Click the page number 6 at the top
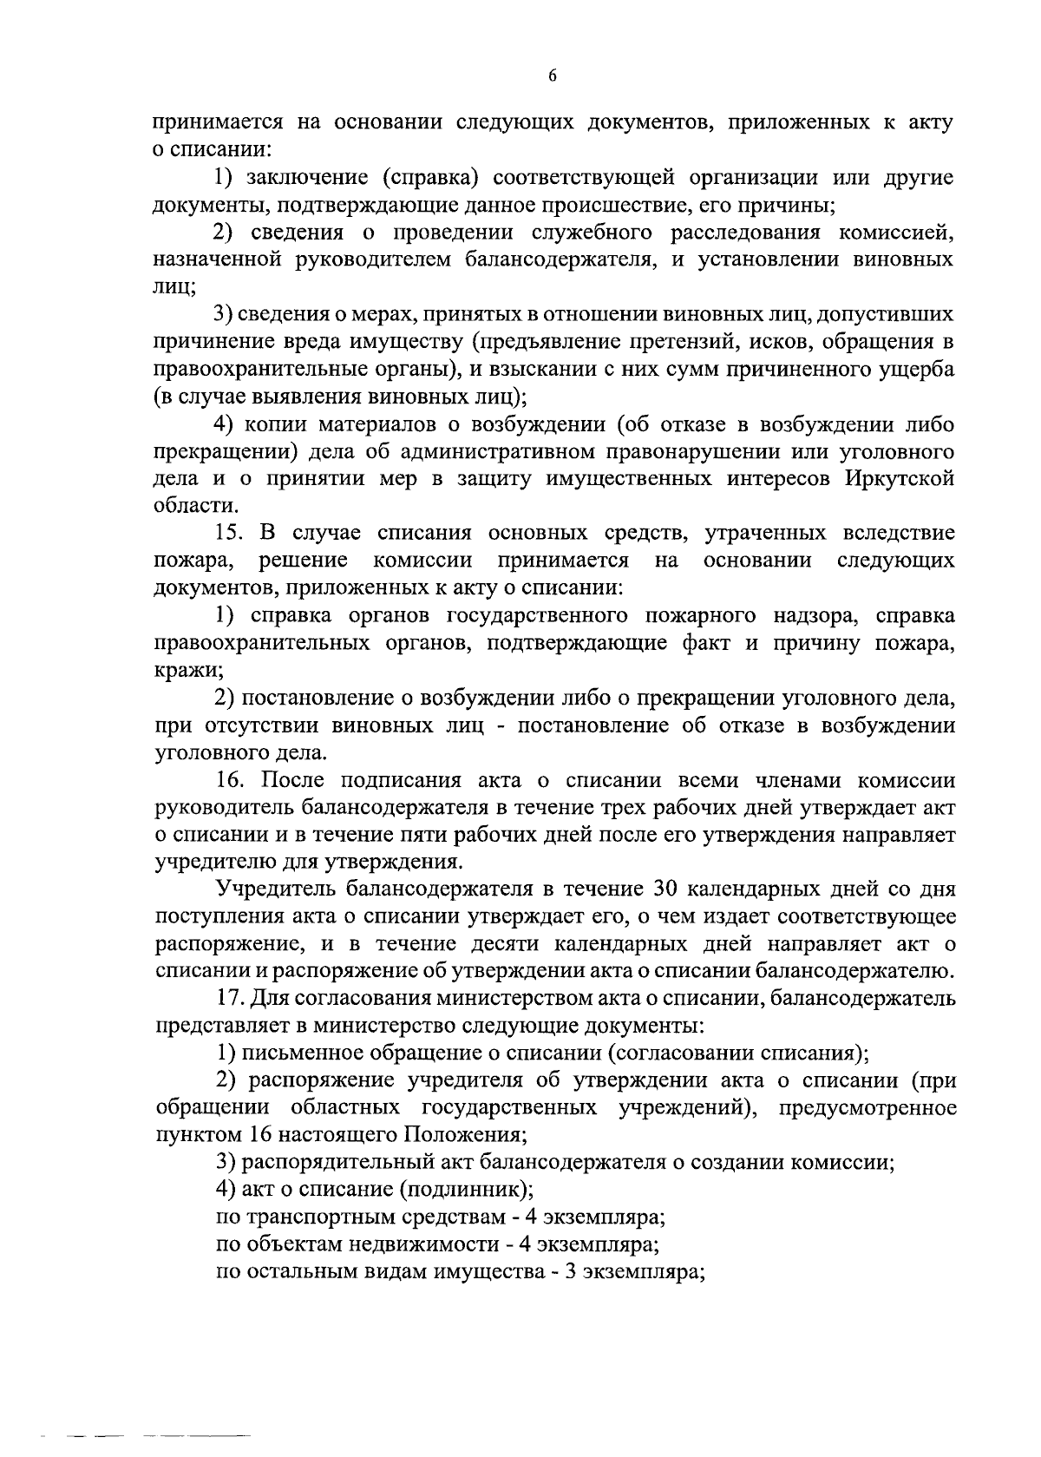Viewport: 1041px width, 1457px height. (553, 76)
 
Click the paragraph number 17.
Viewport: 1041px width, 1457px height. (231, 998)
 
